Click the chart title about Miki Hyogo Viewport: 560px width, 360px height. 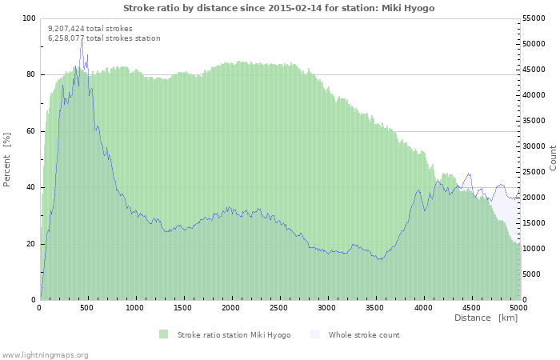coord(279,7)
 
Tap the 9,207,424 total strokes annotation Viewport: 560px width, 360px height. coord(90,28)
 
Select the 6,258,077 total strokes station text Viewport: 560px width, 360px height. coord(104,38)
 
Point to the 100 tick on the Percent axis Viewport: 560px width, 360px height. coord(29,18)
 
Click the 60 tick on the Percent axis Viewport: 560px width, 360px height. coord(31,131)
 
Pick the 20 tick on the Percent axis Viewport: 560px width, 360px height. coord(31,244)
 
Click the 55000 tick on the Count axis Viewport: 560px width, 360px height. coord(535,18)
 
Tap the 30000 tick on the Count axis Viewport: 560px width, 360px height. coord(535,146)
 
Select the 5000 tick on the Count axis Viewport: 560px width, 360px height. coord(533,274)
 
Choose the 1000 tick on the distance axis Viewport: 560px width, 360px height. coord(135,307)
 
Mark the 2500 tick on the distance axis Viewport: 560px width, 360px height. coord(278,307)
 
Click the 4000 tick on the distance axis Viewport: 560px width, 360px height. coord(422,307)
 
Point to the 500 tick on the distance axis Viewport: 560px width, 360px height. coord(87,307)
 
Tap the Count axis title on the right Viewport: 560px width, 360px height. coord(553,158)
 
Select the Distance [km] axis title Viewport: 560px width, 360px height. coord(486,318)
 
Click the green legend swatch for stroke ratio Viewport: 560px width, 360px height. coord(163,334)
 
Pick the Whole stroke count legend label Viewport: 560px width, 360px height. coord(364,334)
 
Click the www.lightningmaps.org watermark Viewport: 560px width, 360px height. coord(46,354)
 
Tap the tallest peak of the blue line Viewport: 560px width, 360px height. coord(82,40)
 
